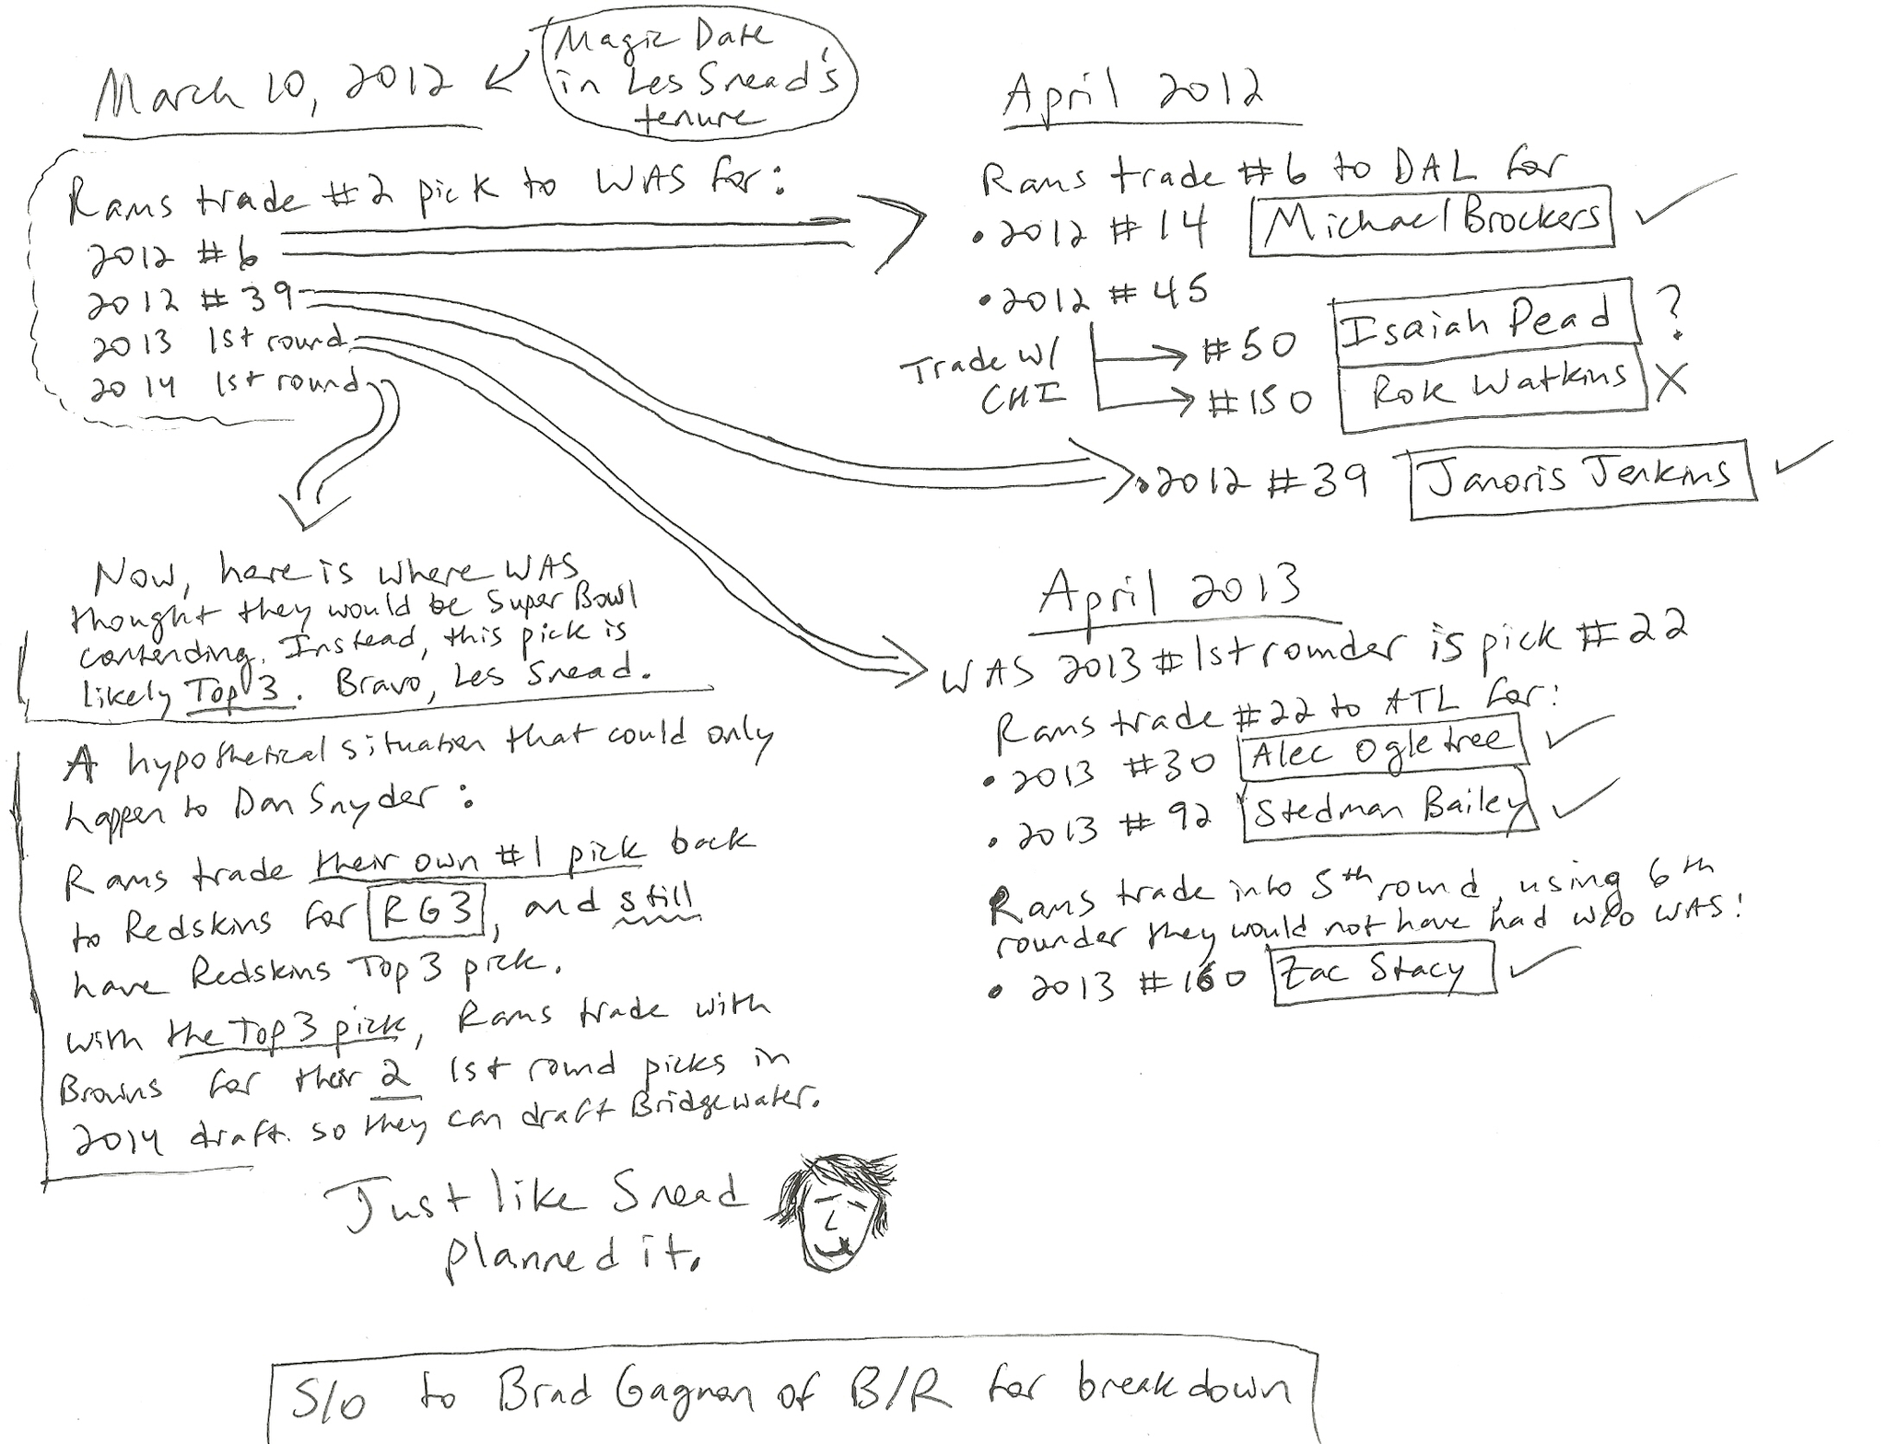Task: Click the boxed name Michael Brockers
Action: (x=1431, y=218)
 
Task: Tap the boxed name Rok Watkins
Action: (x=1493, y=389)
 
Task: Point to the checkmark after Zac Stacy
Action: (x=1533, y=962)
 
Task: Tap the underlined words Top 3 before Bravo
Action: (x=241, y=689)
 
